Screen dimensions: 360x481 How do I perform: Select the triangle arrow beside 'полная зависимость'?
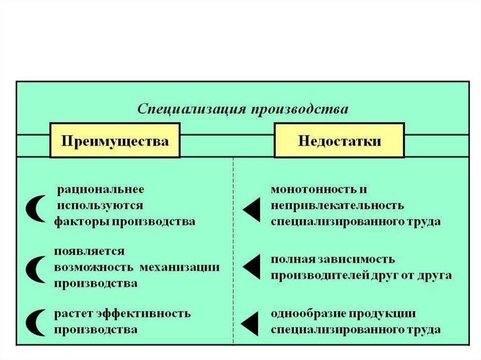click(251, 266)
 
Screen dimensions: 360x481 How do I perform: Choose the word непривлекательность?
click(337, 205)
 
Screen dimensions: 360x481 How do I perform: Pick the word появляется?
click(89, 251)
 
